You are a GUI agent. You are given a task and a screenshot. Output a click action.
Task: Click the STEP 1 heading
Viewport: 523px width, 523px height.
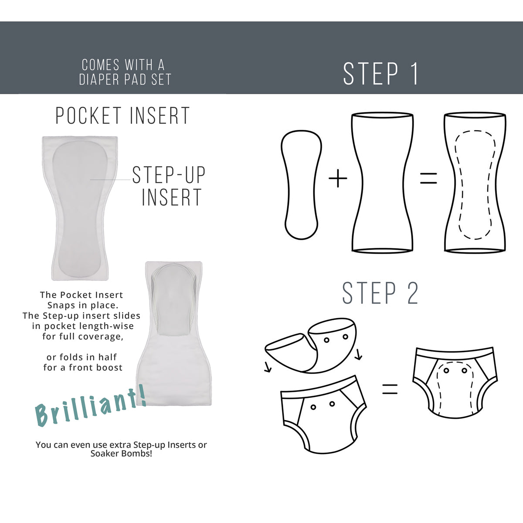click(x=380, y=74)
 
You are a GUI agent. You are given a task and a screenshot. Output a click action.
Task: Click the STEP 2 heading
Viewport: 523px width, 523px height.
click(x=380, y=293)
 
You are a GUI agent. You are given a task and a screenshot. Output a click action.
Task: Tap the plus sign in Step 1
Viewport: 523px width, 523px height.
click(x=338, y=179)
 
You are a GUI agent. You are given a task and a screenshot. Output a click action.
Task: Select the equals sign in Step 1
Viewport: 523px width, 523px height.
click(x=428, y=178)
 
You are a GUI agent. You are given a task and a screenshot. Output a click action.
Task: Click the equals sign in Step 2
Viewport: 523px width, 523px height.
click(x=390, y=389)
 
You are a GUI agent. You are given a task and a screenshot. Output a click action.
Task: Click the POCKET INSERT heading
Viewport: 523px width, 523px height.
click(x=122, y=116)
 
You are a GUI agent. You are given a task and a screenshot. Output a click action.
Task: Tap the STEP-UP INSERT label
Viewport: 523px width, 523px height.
click(x=169, y=186)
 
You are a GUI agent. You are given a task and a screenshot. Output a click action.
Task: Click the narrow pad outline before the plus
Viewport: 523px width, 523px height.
click(x=302, y=185)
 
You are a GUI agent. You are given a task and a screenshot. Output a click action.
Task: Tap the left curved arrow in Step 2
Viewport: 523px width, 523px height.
click(x=268, y=368)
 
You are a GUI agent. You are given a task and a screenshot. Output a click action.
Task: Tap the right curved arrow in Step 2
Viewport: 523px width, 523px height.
click(x=358, y=355)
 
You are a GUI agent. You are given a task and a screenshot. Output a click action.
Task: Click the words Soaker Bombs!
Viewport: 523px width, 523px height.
click(x=121, y=454)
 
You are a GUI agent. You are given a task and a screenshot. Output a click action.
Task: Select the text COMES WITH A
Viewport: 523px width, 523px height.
click(x=123, y=65)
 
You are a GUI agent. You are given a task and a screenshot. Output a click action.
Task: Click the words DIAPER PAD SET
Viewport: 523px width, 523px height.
click(x=125, y=80)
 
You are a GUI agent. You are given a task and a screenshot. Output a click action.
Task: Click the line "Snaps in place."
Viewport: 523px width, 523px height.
click(x=82, y=306)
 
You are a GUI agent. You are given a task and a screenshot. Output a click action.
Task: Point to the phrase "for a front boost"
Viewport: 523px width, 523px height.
click(x=83, y=368)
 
